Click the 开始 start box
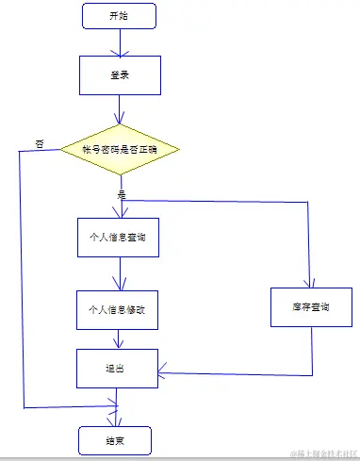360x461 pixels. point(119,16)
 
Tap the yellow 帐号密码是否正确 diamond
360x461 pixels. point(119,150)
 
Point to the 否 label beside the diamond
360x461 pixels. point(40,142)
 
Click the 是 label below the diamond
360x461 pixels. point(121,193)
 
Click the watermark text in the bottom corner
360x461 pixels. point(323,453)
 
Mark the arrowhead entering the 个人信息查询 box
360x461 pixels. point(120,214)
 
